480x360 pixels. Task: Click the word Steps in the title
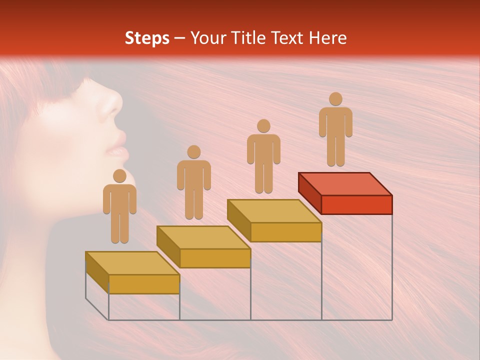point(147,38)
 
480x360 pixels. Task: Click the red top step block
point(345,192)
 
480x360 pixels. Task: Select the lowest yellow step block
point(132,272)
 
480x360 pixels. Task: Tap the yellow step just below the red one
point(274,220)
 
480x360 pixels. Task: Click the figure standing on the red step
point(335,130)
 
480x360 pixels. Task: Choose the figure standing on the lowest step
point(119,207)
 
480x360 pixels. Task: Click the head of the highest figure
point(335,99)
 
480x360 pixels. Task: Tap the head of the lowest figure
point(119,176)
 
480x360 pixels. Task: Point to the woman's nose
point(114,102)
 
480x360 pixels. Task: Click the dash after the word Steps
point(181,38)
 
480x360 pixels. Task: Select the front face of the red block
point(356,204)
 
